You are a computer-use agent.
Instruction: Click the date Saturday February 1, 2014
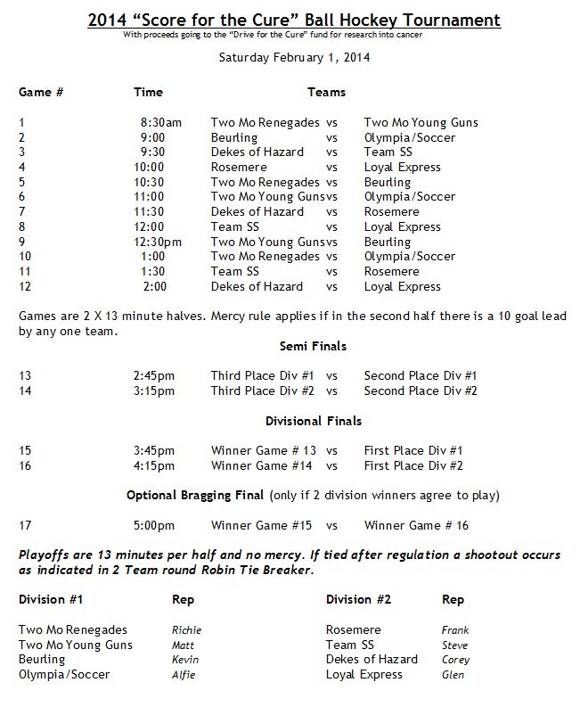coord(293,57)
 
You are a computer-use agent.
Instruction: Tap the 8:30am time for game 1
coord(160,122)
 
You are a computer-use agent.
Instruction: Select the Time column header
coord(148,92)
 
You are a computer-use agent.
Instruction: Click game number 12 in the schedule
coord(24,286)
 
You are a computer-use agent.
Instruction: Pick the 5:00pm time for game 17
coord(155,525)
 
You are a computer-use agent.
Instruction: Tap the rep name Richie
coord(185,630)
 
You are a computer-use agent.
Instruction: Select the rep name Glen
coord(453,675)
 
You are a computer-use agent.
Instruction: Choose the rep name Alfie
coord(184,675)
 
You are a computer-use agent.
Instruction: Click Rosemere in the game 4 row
coord(238,167)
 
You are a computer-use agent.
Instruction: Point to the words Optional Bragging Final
coord(195,495)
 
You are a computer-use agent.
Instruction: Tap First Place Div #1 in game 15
coord(413,450)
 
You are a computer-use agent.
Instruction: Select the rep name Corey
coord(455,660)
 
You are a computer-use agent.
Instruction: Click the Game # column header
coord(41,92)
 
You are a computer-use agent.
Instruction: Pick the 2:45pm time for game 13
coord(155,375)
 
